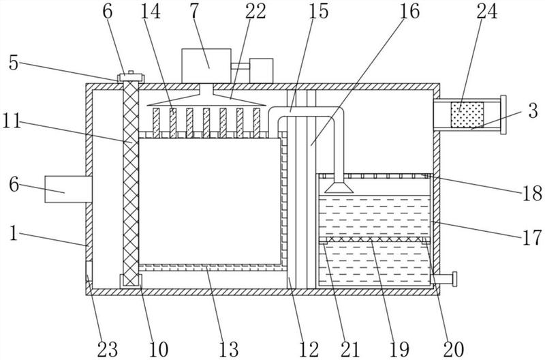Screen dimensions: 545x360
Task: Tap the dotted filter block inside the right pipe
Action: tap(467, 115)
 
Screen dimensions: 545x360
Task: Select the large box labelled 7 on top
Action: tap(206, 65)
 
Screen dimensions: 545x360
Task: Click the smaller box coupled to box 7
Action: tap(261, 71)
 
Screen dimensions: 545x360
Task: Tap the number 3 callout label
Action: tap(533, 110)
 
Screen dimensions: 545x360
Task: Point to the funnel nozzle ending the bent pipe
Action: tap(339, 187)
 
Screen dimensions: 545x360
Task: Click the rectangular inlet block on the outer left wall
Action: tap(68, 189)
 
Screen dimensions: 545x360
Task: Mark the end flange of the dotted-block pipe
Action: tap(503, 115)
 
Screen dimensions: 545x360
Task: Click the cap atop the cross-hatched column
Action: tap(131, 77)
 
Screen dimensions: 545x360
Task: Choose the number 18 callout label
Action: tap(532, 194)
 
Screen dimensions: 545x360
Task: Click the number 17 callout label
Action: tap(532, 238)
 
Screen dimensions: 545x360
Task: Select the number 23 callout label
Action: tap(108, 349)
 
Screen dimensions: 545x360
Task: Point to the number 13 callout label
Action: tap(229, 349)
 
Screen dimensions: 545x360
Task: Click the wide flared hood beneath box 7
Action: tap(206, 99)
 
